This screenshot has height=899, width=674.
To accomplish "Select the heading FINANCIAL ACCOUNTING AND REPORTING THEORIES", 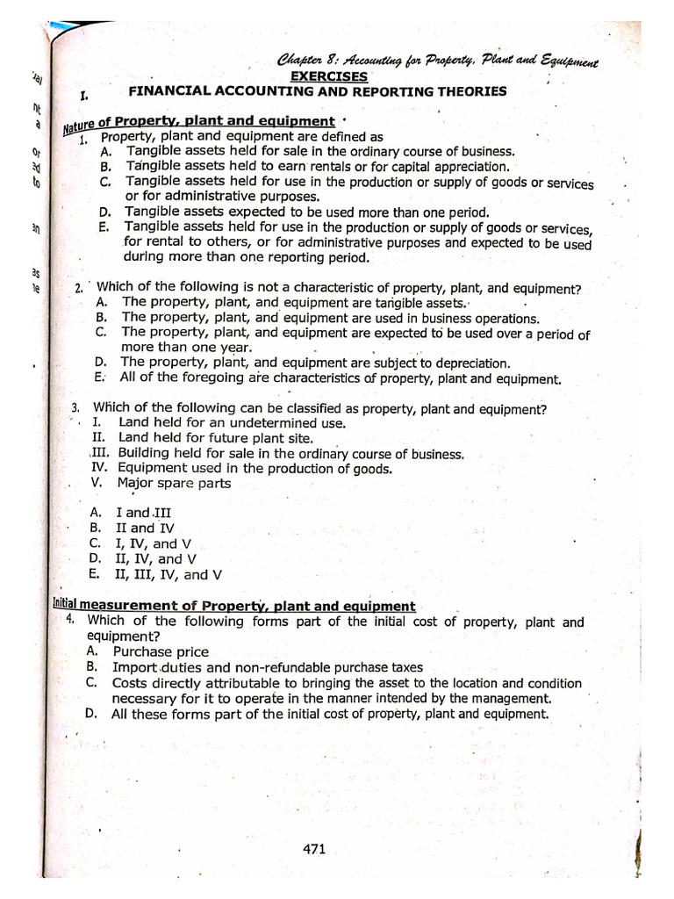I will (x=318, y=91).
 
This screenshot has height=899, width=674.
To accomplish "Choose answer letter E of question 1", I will (x=104, y=227).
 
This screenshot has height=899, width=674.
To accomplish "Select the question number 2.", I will (x=79, y=288).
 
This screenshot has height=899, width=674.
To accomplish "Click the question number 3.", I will (x=76, y=407).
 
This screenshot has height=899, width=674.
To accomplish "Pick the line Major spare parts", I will (x=174, y=483).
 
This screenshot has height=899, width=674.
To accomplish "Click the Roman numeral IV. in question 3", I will (x=99, y=468).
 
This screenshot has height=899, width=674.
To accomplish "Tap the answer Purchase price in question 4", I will (x=161, y=651).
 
